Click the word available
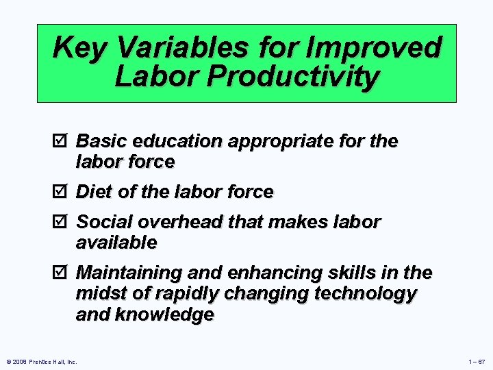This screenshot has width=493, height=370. [116, 243]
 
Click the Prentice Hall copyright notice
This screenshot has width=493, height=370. [41, 361]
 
